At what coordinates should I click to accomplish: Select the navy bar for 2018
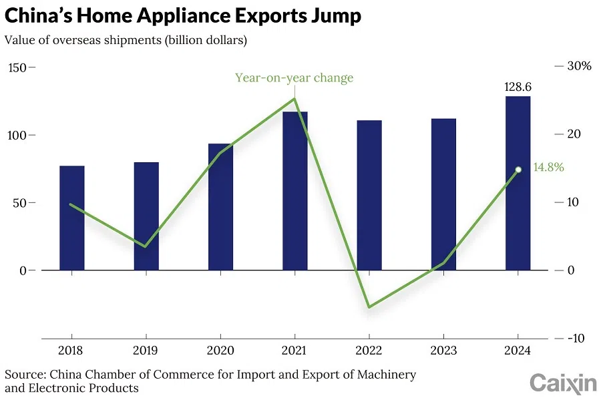click(x=72, y=218)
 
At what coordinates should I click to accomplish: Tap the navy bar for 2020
click(x=221, y=207)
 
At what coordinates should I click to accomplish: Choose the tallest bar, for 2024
click(x=518, y=183)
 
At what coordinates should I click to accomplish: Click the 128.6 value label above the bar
click(x=517, y=87)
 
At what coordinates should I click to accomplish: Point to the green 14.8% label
click(x=548, y=168)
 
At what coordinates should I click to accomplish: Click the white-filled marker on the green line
click(x=518, y=170)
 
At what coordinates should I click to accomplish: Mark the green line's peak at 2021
click(x=294, y=99)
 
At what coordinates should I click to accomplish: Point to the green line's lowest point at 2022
click(x=369, y=307)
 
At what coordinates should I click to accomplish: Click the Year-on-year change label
click(x=294, y=77)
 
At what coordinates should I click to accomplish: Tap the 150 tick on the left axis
click(x=17, y=67)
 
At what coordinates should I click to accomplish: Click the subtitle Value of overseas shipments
click(x=126, y=40)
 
